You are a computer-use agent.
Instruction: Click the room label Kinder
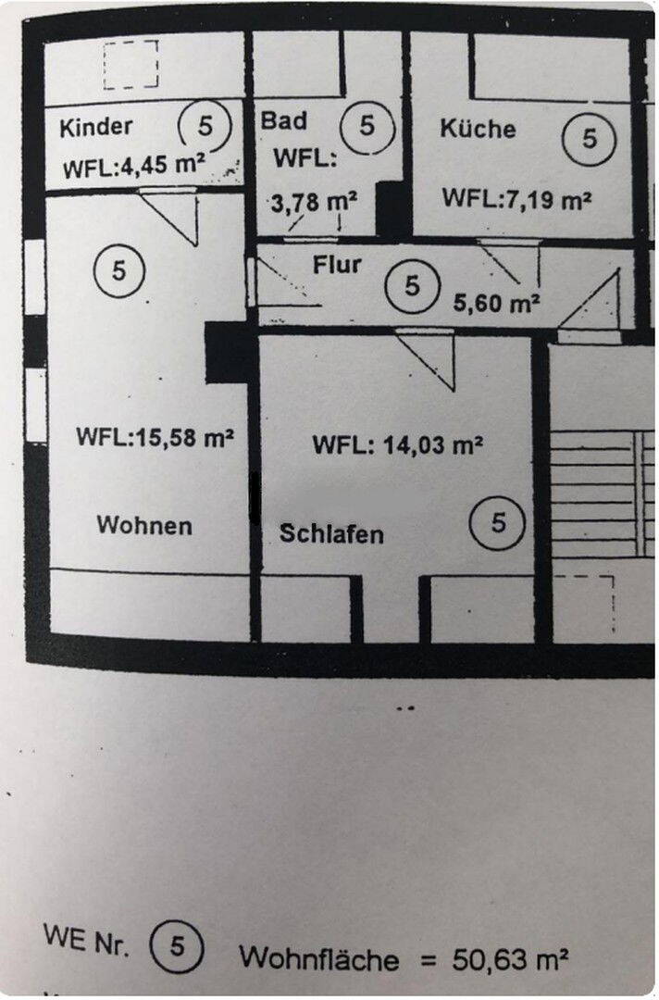tap(96, 126)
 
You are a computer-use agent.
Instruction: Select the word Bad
tap(283, 120)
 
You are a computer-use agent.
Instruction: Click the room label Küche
tap(478, 128)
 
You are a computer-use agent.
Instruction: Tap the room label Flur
tap(337, 265)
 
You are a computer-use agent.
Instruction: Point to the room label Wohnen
tap(145, 526)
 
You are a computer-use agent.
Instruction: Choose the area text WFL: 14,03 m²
tap(397, 444)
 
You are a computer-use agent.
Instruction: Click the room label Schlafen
tap(331, 534)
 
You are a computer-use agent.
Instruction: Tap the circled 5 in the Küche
tap(590, 139)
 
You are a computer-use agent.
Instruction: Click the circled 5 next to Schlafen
tap(499, 523)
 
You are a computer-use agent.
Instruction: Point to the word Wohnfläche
tap(319, 956)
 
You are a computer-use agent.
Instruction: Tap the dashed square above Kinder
tap(131, 65)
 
